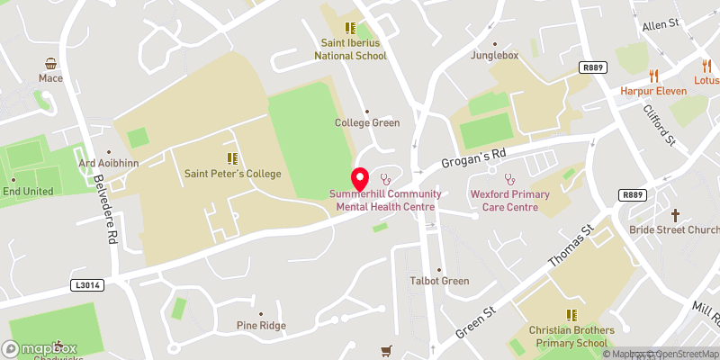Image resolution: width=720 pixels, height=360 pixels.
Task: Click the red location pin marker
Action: click(x=359, y=178)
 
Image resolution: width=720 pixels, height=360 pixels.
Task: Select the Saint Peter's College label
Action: click(x=233, y=174)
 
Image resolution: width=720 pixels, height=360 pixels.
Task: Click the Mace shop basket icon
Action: click(x=51, y=64)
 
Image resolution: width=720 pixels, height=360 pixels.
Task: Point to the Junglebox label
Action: click(x=495, y=55)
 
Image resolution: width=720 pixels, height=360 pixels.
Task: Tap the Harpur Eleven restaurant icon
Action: click(x=654, y=76)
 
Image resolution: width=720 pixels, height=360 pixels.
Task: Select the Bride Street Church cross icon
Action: click(x=676, y=215)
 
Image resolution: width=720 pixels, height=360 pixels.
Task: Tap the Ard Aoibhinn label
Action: click(x=108, y=163)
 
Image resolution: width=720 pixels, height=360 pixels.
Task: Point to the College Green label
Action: click(x=367, y=123)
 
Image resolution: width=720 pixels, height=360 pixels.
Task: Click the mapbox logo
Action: click(x=40, y=348)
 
